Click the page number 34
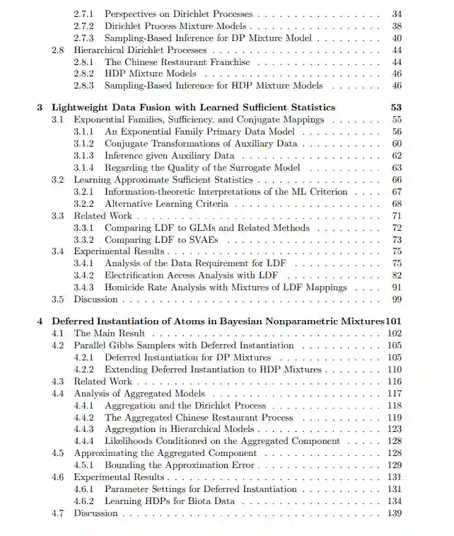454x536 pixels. [396, 14]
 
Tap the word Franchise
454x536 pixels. [226, 62]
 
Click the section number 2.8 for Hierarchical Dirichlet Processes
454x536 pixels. [59, 50]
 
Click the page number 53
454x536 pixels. [396, 108]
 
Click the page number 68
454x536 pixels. [396, 204]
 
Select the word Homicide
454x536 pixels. [126, 287]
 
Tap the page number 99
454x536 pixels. [396, 300]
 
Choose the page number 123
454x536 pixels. [395, 429]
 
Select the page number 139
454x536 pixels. [395, 513]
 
